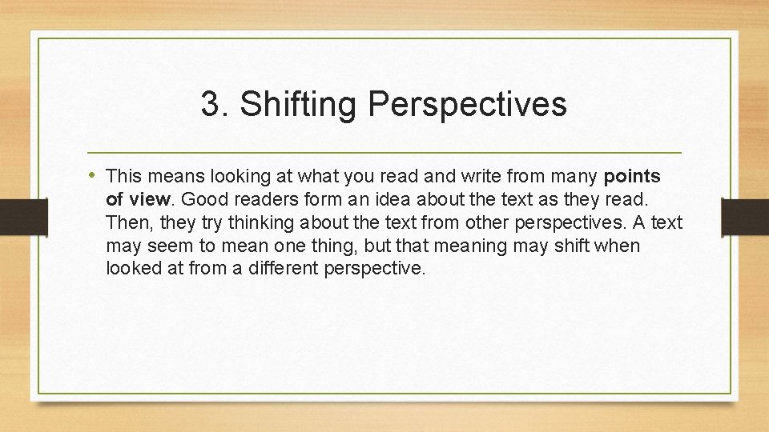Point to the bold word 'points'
pyautogui.click(x=632, y=175)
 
